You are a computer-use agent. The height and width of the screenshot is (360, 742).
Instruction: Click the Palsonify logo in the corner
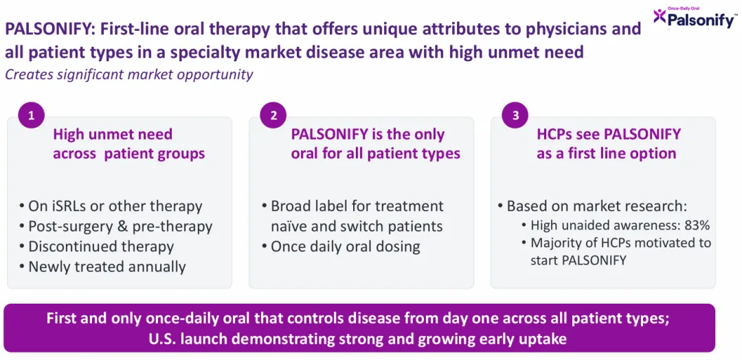pos(695,17)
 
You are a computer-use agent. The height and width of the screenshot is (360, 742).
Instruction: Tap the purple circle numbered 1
pos(32,116)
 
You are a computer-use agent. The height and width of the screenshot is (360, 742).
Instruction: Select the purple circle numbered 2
pos(274,116)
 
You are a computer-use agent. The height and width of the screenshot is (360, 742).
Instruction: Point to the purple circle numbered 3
pos(516,116)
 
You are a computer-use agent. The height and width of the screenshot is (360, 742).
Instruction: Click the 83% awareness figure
pos(699,225)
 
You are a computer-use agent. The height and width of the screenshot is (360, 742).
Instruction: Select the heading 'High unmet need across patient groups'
pos(128,144)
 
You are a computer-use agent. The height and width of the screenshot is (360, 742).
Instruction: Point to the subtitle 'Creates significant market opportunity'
pos(128,74)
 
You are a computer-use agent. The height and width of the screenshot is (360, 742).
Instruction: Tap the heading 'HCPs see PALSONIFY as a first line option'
pos(609,144)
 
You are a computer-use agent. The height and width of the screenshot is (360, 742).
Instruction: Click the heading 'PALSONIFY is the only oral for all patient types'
pos(375,144)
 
